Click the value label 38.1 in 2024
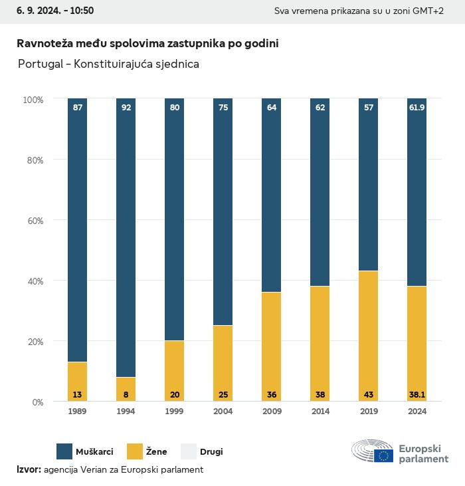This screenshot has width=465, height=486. [x=417, y=395]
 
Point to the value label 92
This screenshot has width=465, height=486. [x=126, y=107]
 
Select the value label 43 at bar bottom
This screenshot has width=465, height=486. [x=368, y=395]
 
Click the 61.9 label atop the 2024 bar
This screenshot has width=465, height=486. [x=417, y=107]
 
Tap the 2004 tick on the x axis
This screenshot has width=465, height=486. [x=223, y=412]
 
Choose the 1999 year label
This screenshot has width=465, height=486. [x=175, y=412]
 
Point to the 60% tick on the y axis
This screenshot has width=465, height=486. [x=34, y=221]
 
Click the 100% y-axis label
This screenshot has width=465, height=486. [x=33, y=100]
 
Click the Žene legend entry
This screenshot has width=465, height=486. [x=143, y=451]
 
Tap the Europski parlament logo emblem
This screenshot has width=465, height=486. [x=373, y=451]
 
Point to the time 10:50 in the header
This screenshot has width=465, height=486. [x=82, y=11]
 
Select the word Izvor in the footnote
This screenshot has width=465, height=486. [x=29, y=469]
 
